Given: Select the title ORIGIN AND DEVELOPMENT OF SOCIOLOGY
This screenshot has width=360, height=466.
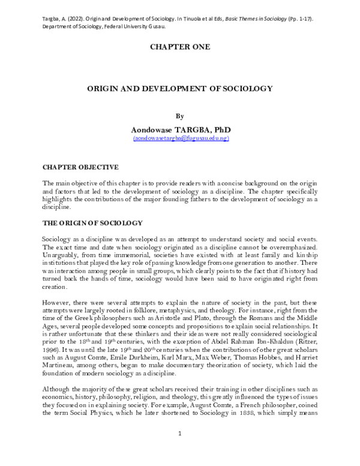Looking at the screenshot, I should (180, 88).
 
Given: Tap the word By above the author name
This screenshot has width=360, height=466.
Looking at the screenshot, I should (179, 116).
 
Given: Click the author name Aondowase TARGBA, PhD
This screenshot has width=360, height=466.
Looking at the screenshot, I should (180, 130).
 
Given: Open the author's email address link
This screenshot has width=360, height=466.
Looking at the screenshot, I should (180, 138).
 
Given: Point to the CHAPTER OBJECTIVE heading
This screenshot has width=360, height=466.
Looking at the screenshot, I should (80, 166).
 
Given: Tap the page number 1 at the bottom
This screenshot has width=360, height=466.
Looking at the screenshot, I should (180, 449).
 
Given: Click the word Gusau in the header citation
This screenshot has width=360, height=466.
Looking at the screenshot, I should (156, 19).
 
